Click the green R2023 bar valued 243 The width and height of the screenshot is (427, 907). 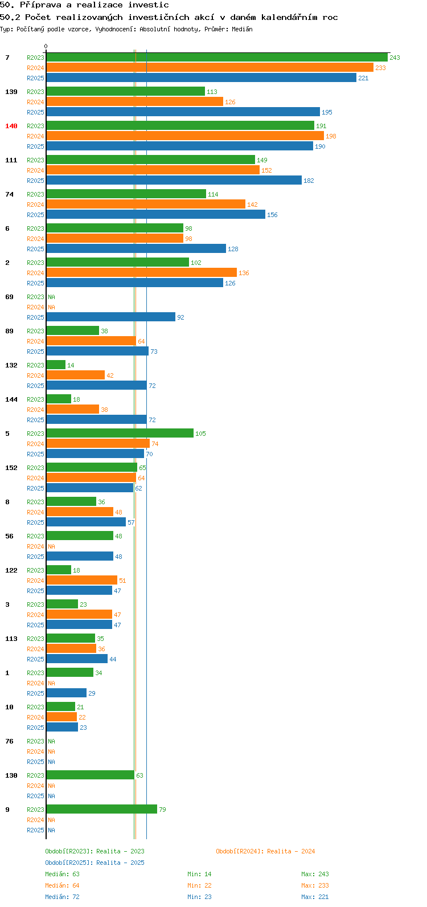217,58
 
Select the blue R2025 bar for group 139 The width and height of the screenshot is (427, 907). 183,112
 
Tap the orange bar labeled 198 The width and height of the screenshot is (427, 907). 185,136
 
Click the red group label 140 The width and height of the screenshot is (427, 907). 11,126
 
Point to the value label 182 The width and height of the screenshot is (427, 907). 309,181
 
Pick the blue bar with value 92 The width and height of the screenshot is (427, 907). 111,317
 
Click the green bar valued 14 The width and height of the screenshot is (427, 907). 56,365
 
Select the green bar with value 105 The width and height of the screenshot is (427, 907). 120,434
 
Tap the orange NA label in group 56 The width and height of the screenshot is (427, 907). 51,546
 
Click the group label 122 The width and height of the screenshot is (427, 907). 11,570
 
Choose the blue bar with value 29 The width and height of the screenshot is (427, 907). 67,693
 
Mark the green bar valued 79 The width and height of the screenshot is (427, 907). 101,810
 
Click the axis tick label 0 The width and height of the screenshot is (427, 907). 46,47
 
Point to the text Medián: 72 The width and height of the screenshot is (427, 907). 62,897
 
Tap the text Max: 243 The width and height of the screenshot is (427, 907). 315,874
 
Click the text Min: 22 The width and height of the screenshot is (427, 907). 199,885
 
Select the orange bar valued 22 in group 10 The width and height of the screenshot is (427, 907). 61,717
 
